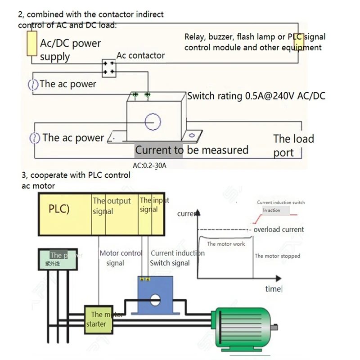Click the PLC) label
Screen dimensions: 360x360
pos(59,209)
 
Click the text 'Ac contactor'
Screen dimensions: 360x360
pos(140,55)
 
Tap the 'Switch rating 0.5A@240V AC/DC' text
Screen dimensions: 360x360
pos(256,95)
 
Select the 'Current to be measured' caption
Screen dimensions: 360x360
pos(192,150)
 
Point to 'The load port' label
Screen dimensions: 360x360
pos(293,145)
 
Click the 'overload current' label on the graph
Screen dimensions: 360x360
pos(279,229)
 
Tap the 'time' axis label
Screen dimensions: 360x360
pos(273,289)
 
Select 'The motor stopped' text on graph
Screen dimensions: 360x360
pos(277,256)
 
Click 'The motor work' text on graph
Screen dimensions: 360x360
pos(226,244)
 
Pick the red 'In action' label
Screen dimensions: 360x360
pos(271,210)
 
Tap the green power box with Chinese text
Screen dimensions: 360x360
pos(54,259)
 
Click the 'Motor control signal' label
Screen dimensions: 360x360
pos(120,258)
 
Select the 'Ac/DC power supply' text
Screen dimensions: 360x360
pos(70,50)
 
